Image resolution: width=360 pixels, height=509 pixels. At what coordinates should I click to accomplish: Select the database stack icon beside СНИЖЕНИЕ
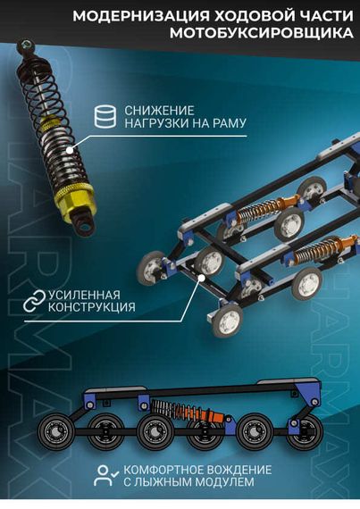pos(105,114)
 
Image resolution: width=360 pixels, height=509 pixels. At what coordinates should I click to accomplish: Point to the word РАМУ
pos(227,122)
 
